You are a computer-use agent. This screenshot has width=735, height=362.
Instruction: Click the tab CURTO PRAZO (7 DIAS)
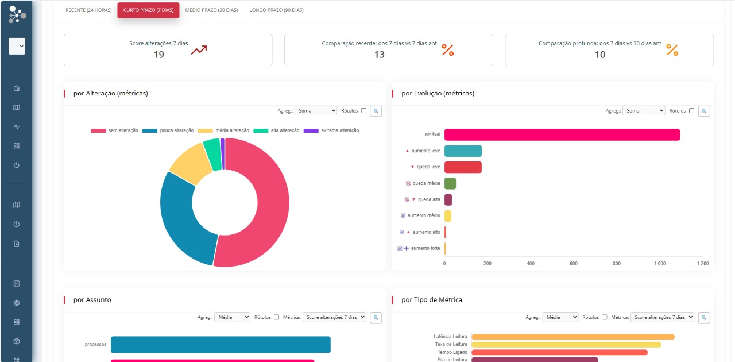pyautogui.click(x=148, y=10)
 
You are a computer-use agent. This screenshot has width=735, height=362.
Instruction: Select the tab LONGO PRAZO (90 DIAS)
pyautogui.click(x=276, y=10)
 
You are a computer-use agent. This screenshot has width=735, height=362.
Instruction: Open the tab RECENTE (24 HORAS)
pyautogui.click(x=88, y=10)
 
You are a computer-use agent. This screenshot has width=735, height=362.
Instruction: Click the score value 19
pyautogui.click(x=158, y=55)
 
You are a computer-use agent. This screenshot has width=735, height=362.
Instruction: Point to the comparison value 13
pyautogui.click(x=379, y=55)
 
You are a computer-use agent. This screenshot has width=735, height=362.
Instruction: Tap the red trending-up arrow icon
pyautogui.click(x=199, y=50)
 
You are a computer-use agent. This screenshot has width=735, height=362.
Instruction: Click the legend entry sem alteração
pyautogui.click(x=115, y=130)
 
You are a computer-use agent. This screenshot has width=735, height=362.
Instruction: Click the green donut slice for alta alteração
pyautogui.click(x=212, y=153)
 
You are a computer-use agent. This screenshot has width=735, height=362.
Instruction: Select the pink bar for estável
pyautogui.click(x=562, y=134)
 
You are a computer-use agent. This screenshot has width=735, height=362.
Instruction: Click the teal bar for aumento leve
pyautogui.click(x=463, y=151)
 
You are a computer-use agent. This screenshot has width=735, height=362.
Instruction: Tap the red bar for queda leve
pyautogui.click(x=463, y=167)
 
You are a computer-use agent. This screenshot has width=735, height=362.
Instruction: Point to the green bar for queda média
pyautogui.click(x=450, y=183)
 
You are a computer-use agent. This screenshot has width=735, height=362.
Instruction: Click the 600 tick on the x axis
pyautogui.click(x=574, y=263)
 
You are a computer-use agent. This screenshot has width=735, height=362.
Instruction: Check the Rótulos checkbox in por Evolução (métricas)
pyautogui.click(x=691, y=111)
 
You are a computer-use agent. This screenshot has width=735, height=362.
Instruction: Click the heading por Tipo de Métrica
pyautogui.click(x=432, y=300)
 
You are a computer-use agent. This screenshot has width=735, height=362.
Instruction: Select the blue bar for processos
pyautogui.click(x=220, y=344)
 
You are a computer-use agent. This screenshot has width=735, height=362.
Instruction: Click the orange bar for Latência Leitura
pyautogui.click(x=573, y=337)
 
